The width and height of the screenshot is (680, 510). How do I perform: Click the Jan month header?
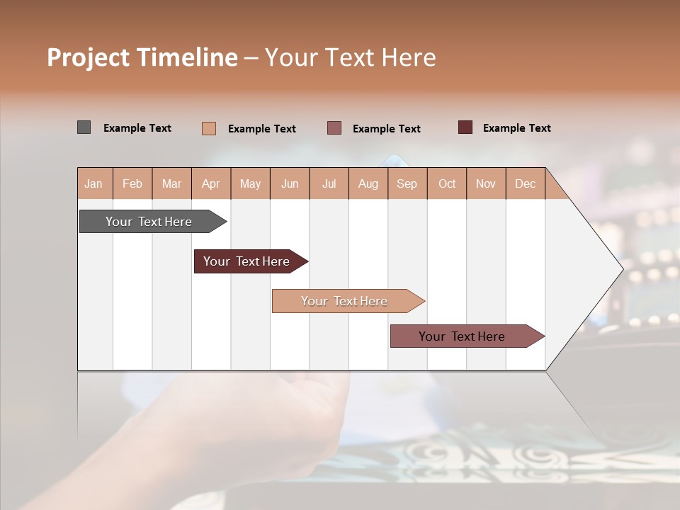[x=94, y=183]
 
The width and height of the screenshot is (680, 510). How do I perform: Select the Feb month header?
[x=132, y=183]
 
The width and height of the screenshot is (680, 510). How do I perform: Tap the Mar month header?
[x=171, y=183]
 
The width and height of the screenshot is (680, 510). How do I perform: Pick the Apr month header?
[x=211, y=183]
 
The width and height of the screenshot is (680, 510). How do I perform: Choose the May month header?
[x=250, y=183]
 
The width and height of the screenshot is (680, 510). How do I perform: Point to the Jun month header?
[x=290, y=183]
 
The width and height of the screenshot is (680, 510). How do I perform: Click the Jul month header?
[x=329, y=183]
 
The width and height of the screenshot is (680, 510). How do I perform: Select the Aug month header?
[x=368, y=183]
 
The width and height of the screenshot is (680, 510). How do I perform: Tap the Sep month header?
[x=407, y=183]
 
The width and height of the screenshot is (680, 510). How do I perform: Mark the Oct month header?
[x=447, y=183]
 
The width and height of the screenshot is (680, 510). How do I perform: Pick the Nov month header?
[x=486, y=183]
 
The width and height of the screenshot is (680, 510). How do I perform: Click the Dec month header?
[x=526, y=183]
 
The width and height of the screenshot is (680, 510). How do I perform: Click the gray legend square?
[x=84, y=127]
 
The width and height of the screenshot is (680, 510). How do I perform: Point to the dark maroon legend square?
[x=465, y=127]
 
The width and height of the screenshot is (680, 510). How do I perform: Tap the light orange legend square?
[x=209, y=128]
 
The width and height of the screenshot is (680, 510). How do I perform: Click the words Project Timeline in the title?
[x=142, y=57]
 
